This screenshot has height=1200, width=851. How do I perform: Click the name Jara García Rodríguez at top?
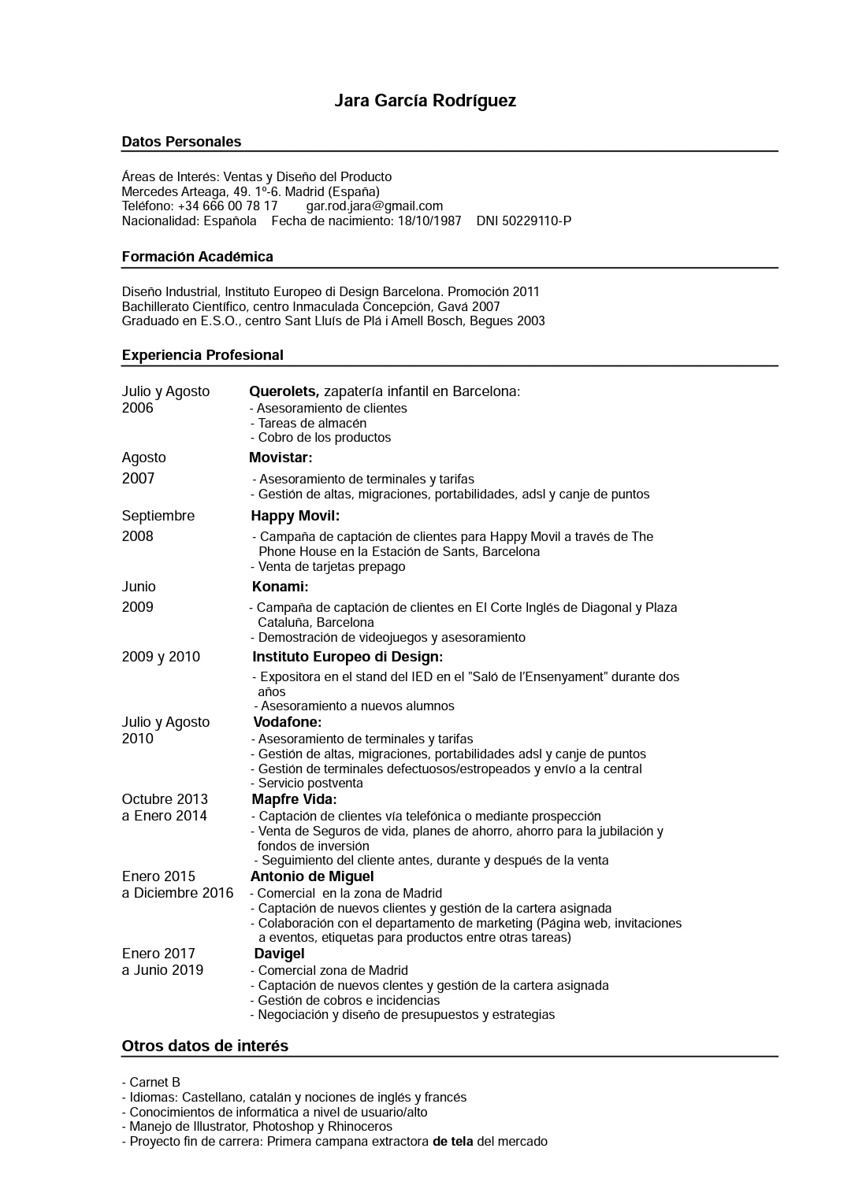click(x=425, y=101)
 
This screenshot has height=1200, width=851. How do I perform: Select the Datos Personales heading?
click(x=181, y=142)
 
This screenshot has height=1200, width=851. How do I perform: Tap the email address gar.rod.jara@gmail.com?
click(x=374, y=206)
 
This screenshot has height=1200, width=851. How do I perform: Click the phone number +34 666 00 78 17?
click(x=228, y=206)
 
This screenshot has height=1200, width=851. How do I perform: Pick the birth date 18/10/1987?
click(x=429, y=221)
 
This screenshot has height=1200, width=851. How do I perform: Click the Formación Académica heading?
click(x=197, y=257)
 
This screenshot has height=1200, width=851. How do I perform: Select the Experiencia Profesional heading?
click(x=203, y=355)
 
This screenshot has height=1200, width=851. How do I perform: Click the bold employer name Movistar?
click(x=281, y=457)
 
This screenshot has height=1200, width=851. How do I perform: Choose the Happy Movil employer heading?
click(x=295, y=516)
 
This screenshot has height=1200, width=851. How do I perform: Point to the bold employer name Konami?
click(x=280, y=587)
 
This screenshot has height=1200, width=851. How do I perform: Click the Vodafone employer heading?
click(x=287, y=722)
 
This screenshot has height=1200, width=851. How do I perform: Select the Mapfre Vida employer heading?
click(x=294, y=799)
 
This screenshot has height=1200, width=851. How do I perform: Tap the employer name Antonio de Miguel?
click(x=312, y=876)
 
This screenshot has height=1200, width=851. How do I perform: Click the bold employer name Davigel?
click(x=279, y=954)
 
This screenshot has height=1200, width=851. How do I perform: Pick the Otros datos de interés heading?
click(x=205, y=1046)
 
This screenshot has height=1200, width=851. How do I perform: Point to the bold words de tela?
click(x=452, y=1142)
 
